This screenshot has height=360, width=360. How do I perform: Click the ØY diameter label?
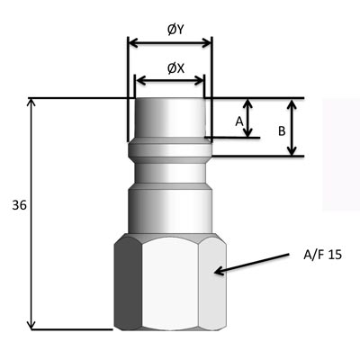point(175,30)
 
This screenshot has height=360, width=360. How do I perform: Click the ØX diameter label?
point(175,68)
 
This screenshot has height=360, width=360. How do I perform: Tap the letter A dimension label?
point(239,121)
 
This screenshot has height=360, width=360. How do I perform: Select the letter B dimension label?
point(282,131)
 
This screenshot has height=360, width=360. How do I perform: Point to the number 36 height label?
point(19,205)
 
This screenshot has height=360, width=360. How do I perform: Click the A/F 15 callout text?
point(322,255)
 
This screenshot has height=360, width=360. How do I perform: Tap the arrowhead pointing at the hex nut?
point(220,271)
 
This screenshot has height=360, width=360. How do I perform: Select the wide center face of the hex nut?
point(170,283)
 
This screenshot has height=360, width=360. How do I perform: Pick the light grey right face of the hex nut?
point(212,283)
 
